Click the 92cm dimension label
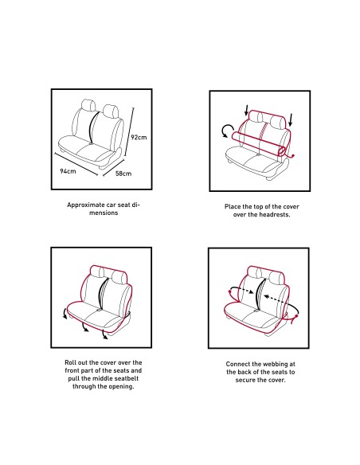[x=139, y=137]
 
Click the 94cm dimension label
[x=68, y=171]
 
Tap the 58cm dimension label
[x=123, y=174]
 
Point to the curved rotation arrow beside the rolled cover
[x=226, y=131]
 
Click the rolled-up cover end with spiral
[x=282, y=150]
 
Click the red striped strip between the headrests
[x=263, y=131]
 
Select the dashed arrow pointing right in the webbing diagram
[x=242, y=290]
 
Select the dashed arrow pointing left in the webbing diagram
[x=276, y=299]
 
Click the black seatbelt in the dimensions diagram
[x=93, y=128]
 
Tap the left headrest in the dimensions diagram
[x=88, y=106]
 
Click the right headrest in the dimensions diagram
[x=111, y=111]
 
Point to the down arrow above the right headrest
[x=291, y=119]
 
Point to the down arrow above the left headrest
[x=246, y=110]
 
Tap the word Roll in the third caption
[x=70, y=362]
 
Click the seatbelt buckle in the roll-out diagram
[x=99, y=311]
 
